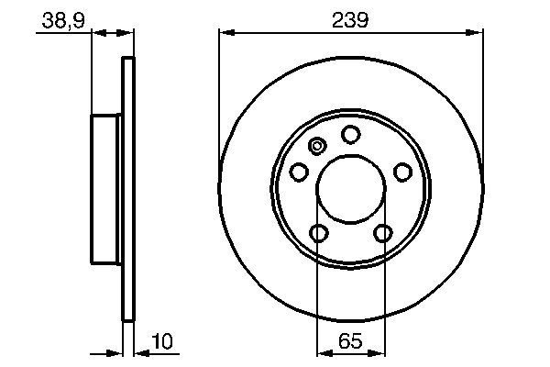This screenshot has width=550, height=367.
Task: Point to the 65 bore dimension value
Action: pos(350,341)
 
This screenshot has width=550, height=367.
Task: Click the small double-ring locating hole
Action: pos(318,145)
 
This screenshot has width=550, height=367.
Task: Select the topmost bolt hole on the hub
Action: pos(350,134)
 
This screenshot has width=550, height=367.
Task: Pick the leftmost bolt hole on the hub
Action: pos(299,172)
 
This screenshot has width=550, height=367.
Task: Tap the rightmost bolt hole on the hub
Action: pos(401,172)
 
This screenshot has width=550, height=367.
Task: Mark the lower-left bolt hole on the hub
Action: pos(318,233)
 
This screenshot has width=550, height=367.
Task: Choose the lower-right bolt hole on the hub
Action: pos(382,233)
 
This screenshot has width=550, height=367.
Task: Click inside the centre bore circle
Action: pos(350,191)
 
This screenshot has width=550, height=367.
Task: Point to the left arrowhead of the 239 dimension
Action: pos(225,33)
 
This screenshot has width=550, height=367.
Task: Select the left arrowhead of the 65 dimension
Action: pos(322,351)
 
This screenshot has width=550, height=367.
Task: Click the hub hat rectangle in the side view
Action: pos(106,190)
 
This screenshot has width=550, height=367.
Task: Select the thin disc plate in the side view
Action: pos(128,190)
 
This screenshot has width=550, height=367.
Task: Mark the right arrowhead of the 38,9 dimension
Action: pos(128,33)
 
